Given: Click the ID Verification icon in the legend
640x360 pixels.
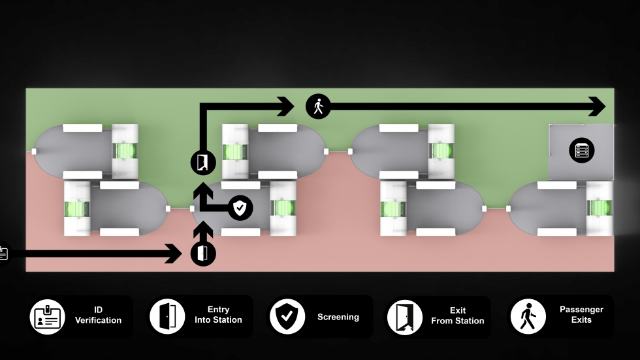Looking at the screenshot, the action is click(47, 317).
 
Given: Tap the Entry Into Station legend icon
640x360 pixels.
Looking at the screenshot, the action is click(167, 316).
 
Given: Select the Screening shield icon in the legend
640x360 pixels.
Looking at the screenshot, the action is click(287, 316).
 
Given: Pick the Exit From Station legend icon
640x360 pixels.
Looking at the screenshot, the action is click(405, 317).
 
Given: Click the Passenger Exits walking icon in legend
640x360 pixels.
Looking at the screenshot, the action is click(528, 316).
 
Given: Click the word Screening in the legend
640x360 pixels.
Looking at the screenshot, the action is click(338, 317).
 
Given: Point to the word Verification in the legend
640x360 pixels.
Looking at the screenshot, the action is click(99, 320).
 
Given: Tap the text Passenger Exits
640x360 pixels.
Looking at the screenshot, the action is click(581, 315).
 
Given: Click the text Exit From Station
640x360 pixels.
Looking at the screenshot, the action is click(458, 316).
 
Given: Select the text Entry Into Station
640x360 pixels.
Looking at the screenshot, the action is click(218, 315).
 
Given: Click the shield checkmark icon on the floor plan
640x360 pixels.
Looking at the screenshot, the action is click(240, 208).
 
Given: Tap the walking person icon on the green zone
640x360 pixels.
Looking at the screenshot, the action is click(319, 106).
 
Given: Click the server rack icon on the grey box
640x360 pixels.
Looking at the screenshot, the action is click(582, 151).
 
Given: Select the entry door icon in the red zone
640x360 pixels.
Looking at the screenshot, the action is click(203, 254).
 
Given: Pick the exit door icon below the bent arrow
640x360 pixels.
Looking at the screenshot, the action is click(203, 163).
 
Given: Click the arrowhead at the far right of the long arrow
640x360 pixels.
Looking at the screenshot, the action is click(597, 106).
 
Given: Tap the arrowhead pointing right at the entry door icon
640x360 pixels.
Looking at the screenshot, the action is click(174, 254).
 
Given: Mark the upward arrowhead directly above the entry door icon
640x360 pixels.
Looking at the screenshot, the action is click(203, 229).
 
